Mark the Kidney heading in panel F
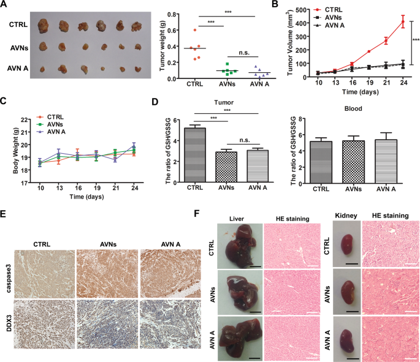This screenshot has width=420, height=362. click(x=343, y=217)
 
